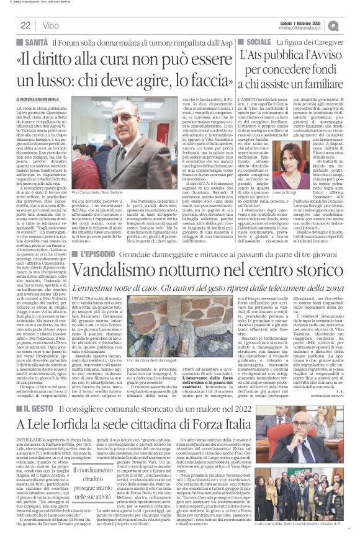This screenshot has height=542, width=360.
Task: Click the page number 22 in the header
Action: click(x=26, y=25)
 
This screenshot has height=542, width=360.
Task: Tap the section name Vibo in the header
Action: click(x=50, y=25)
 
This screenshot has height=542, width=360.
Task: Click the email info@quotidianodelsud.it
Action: click(x=304, y=28)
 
